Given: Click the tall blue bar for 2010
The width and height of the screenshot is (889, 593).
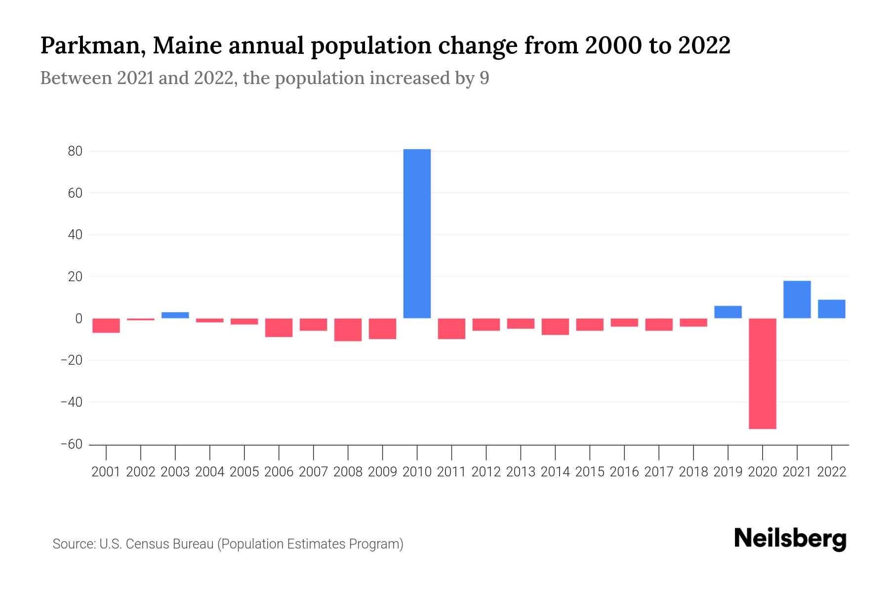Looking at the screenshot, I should click(x=417, y=233).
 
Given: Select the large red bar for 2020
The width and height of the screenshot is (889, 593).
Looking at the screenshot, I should click(x=763, y=374).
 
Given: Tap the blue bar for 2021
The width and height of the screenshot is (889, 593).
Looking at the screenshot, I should click(x=797, y=299).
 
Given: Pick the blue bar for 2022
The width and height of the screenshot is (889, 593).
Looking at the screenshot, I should click(x=832, y=309).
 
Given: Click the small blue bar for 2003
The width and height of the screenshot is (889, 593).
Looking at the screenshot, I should click(x=175, y=315).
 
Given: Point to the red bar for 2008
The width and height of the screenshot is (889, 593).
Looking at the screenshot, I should click(x=348, y=330).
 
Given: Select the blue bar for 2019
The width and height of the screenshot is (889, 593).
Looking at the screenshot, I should click(x=728, y=312).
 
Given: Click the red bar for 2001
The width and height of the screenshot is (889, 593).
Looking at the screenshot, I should click(x=106, y=326).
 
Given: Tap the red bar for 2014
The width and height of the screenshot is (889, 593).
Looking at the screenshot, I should click(x=555, y=327).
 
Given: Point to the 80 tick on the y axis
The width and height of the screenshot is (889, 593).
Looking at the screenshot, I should click(x=75, y=151).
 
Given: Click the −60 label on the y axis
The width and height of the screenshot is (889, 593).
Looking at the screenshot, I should click(x=71, y=444).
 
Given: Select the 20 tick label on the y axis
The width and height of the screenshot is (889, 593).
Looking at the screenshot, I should click(x=75, y=277).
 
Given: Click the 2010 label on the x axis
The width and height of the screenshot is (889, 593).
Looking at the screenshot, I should click(x=417, y=472).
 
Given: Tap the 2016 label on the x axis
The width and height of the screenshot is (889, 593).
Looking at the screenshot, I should click(x=624, y=472).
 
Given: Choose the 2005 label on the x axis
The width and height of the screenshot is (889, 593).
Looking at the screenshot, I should click(x=244, y=472).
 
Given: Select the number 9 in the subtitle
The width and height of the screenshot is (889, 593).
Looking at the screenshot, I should click(x=484, y=79).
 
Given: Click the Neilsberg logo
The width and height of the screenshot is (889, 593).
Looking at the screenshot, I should click(x=790, y=539).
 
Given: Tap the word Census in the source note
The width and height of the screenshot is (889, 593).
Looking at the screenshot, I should click(x=147, y=544).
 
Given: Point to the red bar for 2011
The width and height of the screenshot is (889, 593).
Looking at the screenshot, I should click(x=451, y=329).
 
